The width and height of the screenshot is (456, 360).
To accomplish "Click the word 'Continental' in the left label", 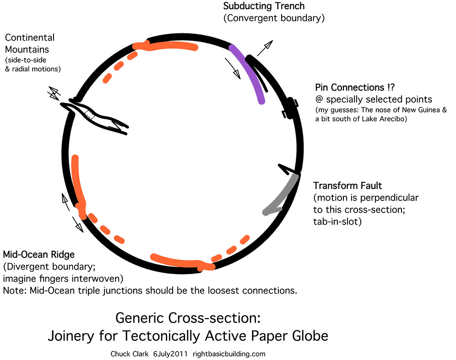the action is click(x=30, y=38).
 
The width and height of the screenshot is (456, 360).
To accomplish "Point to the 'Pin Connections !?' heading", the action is click(x=355, y=87).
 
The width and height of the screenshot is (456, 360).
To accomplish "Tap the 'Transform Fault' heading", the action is click(x=347, y=186).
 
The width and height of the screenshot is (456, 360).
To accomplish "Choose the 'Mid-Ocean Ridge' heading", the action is click(x=38, y=254).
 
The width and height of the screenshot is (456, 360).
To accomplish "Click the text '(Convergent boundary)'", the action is click(x=274, y=18).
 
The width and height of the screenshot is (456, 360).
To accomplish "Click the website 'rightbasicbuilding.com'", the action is click(x=229, y=354).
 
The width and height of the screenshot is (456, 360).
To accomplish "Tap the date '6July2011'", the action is click(x=170, y=354).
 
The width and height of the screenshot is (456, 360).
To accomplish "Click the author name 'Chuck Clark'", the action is click(x=130, y=354).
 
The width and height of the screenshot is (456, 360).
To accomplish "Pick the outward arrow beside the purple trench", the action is click(x=265, y=48).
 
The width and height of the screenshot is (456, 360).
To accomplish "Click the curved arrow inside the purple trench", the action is click(x=233, y=69).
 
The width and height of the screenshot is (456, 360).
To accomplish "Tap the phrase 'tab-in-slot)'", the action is click(x=337, y=222).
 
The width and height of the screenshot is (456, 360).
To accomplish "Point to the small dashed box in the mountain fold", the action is click(x=90, y=114).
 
